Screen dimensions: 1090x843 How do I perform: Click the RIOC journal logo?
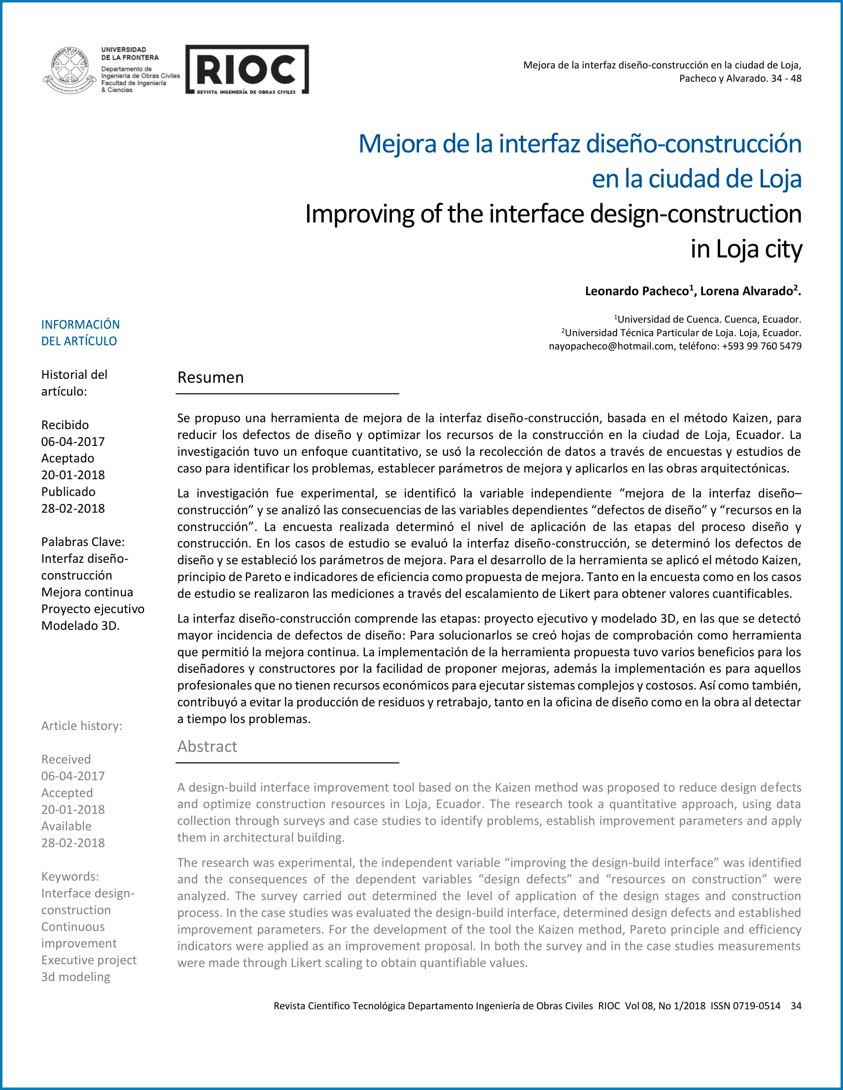click(247, 70)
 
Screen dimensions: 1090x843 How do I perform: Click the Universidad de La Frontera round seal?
click(70, 70)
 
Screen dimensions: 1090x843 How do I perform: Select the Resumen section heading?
click(211, 377)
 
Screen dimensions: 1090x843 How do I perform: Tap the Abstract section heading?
click(207, 746)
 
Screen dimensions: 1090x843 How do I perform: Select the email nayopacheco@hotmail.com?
click(611, 346)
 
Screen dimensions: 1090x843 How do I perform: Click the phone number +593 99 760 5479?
click(762, 346)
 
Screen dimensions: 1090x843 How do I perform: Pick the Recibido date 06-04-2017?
click(73, 442)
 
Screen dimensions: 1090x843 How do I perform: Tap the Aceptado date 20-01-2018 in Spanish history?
click(73, 475)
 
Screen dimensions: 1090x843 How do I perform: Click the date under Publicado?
click(73, 509)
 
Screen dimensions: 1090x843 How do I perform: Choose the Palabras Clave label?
click(83, 542)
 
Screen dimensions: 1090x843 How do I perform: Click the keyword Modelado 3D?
click(80, 626)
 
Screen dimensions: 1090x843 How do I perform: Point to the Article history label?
click(81, 726)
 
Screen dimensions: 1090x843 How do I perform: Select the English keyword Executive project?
click(89, 960)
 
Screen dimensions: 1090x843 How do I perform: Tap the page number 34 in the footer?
click(796, 1006)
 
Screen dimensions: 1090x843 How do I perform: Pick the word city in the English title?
click(783, 249)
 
